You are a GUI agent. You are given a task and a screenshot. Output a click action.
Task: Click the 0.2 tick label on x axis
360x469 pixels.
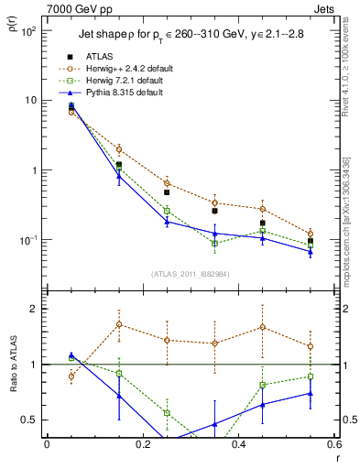click(x=142, y=444)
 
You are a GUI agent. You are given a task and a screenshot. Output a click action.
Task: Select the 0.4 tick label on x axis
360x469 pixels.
click(x=238, y=444)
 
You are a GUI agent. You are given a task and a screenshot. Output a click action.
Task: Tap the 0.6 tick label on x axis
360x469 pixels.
click(x=333, y=444)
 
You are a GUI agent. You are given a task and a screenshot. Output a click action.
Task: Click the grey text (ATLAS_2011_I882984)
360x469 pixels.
click(x=191, y=274)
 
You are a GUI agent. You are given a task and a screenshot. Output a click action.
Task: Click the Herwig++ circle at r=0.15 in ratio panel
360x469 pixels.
click(x=119, y=324)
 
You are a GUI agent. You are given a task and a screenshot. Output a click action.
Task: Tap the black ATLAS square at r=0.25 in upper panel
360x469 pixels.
click(x=167, y=192)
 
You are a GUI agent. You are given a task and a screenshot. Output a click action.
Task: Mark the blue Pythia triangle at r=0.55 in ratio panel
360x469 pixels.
click(x=311, y=393)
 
